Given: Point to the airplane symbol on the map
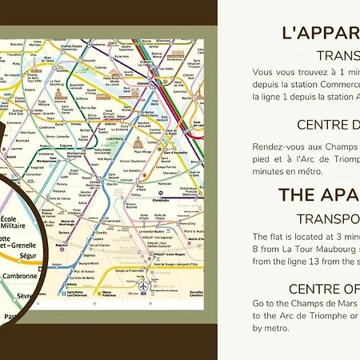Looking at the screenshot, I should (142, 286).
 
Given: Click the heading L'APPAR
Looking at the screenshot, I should (320, 33).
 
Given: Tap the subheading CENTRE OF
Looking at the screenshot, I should (324, 289).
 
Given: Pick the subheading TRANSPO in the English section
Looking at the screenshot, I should (328, 218).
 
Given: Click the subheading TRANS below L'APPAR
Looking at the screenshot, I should (337, 55).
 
